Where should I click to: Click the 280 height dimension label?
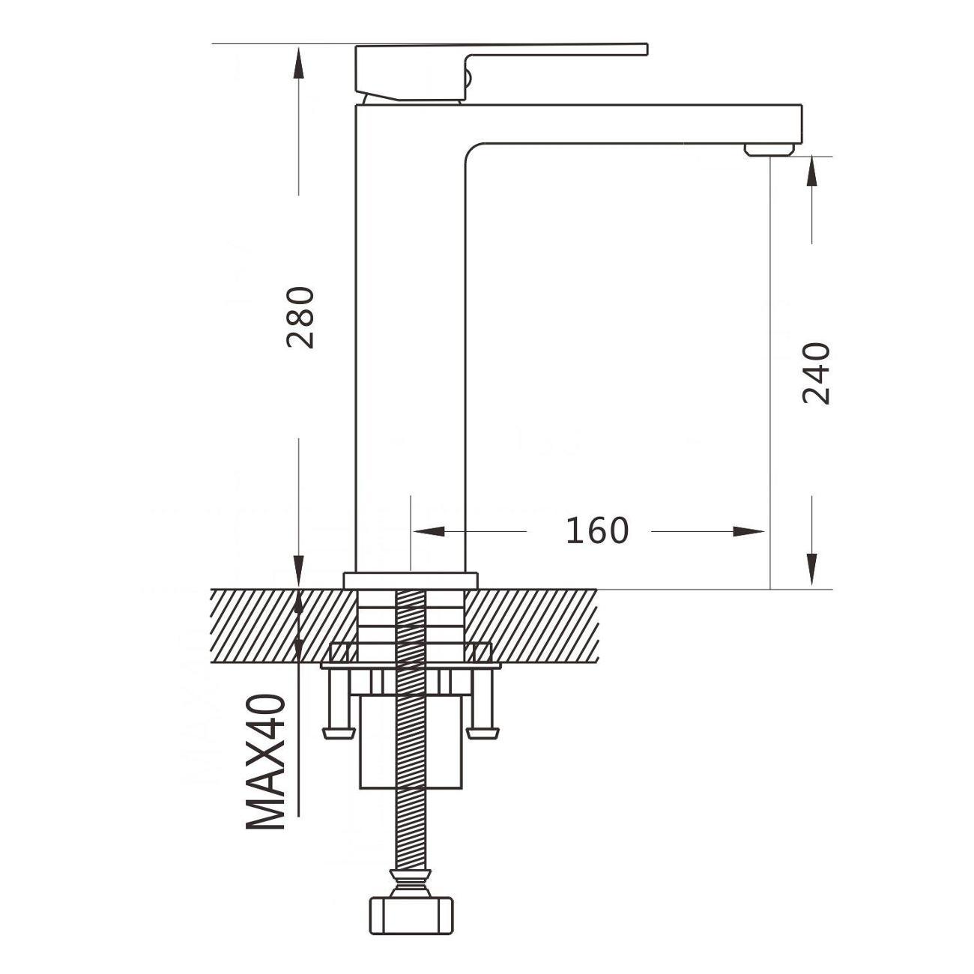coord(300,318)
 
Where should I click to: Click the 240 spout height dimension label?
coord(816,374)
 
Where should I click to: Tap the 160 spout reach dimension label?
coord(597,531)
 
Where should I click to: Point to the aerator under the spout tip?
coord(769,149)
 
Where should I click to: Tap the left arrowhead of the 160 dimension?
coord(429,531)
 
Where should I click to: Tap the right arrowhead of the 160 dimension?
coord(748,531)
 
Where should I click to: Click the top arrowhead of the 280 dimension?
coord(299,63)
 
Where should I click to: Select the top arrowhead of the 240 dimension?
coord(811,172)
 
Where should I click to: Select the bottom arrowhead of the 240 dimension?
coord(811,569)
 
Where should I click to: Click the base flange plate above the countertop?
coord(410,580)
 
